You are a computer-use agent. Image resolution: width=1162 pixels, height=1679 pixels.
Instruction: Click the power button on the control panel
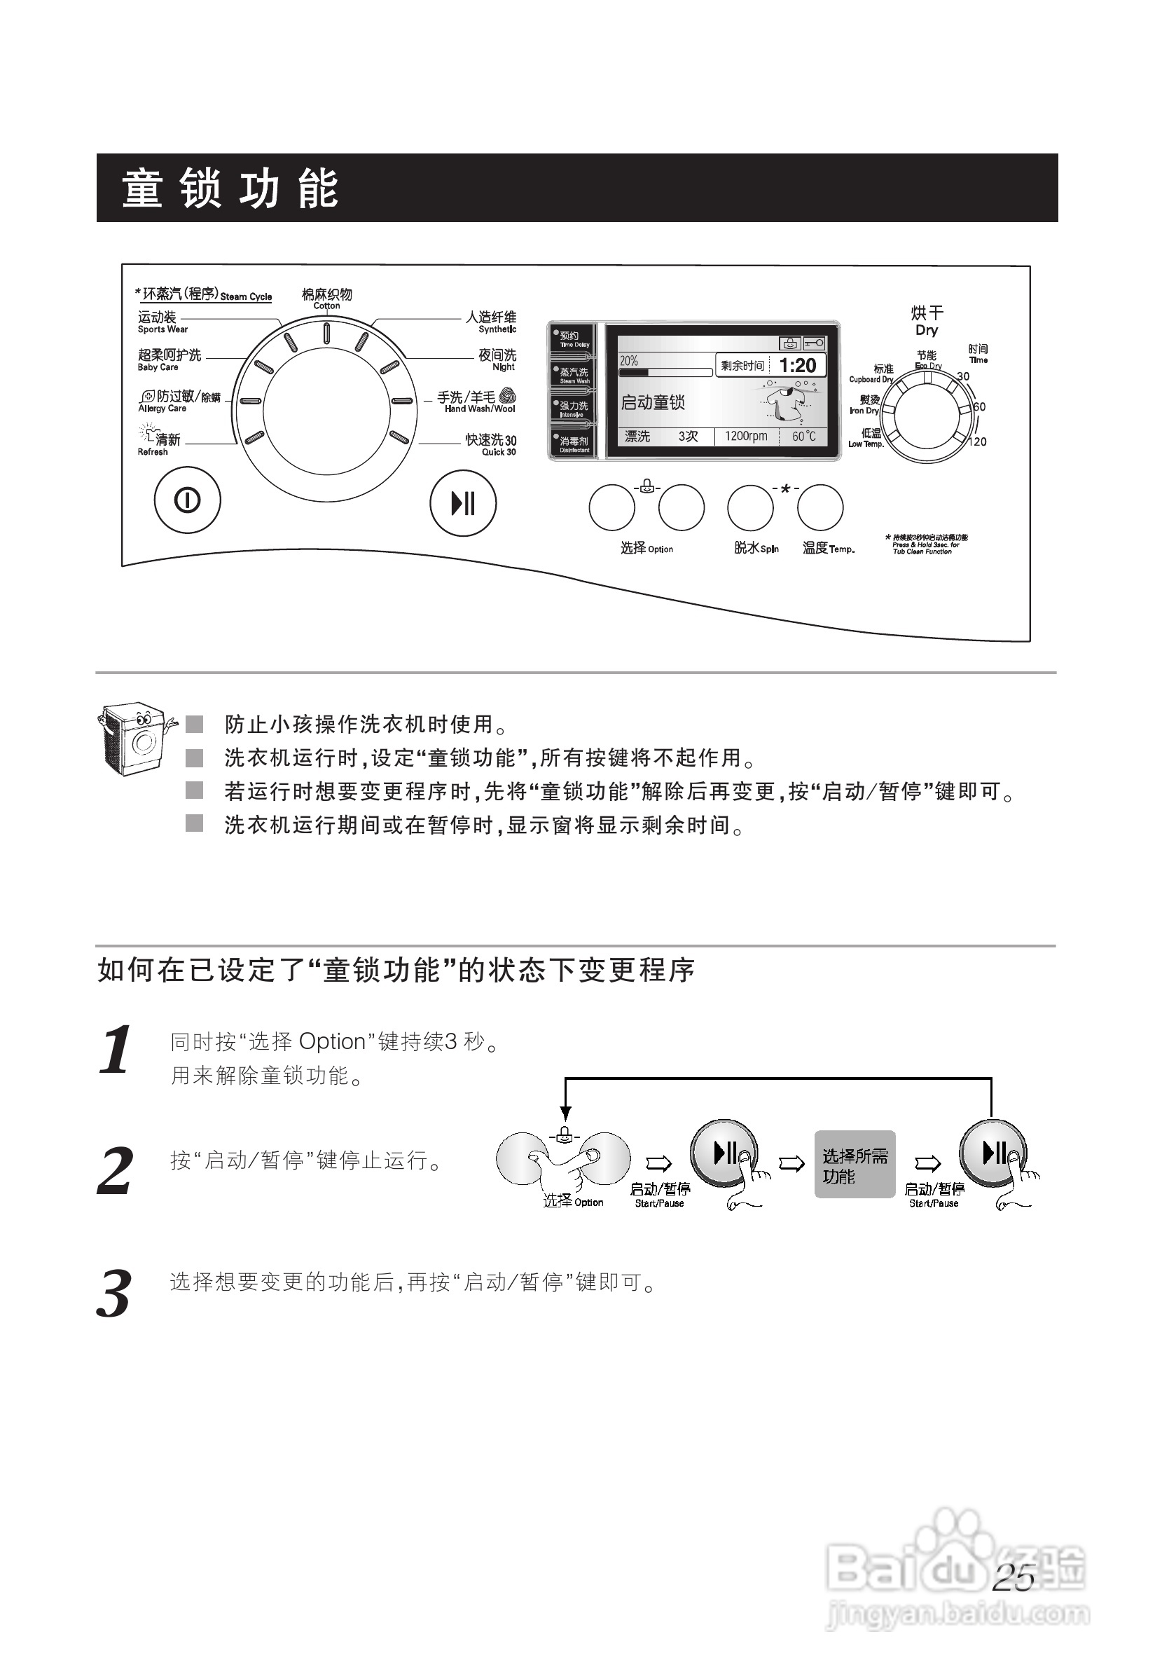187,500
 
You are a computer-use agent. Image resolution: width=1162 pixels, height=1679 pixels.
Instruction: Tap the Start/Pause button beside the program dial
463,503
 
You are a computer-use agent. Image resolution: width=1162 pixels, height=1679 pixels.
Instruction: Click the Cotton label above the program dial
326,298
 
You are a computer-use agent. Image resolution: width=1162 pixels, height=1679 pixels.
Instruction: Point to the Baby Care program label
169,359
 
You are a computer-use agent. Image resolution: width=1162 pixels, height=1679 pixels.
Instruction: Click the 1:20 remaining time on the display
797,366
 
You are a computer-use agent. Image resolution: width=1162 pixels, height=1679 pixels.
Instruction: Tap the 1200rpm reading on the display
745,437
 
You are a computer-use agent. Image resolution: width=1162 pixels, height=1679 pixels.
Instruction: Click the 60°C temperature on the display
804,437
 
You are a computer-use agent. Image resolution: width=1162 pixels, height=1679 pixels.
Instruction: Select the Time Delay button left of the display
573,338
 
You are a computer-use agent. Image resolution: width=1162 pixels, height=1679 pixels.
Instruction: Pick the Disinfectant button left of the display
573,444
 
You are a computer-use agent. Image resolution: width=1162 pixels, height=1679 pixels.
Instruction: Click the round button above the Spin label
750,508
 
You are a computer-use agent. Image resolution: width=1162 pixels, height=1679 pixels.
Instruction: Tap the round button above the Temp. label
819,508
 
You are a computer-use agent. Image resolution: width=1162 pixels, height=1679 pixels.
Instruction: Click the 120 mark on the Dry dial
978,441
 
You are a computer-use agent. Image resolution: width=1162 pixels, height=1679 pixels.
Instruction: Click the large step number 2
115,1170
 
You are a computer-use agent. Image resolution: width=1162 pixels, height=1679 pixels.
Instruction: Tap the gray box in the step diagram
854,1164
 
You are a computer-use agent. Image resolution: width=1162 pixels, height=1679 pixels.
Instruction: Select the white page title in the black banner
229,189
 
